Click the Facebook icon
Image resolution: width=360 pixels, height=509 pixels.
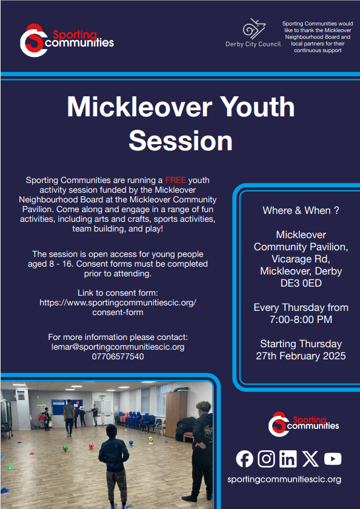click(244, 459)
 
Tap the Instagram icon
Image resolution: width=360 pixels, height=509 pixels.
click(266, 459)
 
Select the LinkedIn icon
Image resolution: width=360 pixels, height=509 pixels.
click(288, 459)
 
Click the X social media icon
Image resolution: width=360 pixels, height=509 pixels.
click(310, 459)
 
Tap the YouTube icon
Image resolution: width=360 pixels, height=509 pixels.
click(333, 459)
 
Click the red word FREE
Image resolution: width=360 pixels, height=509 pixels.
click(176, 180)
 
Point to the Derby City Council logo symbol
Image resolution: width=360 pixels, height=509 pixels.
click(255, 28)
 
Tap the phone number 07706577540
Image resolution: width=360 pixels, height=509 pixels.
click(118, 356)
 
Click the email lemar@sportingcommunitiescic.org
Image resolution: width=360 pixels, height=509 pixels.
click(118, 347)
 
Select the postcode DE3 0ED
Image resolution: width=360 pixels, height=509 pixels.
click(301, 284)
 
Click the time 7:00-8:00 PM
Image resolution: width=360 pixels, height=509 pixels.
click(301, 319)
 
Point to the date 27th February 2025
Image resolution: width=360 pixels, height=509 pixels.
click(301, 356)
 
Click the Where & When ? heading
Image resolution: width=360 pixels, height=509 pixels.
click(301, 210)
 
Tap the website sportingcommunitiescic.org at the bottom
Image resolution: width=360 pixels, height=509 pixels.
click(284, 479)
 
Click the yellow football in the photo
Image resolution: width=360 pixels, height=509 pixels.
click(151, 439)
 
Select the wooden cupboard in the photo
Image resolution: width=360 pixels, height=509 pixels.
click(176, 413)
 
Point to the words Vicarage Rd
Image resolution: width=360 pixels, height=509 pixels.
click(301, 259)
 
